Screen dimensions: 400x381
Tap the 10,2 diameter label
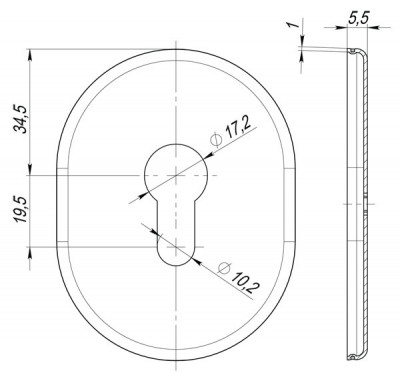tap(245, 282)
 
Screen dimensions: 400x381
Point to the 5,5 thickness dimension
tap(358, 18)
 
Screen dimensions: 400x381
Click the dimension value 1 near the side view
tap(292, 25)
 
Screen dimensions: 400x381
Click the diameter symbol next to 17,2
tap(215, 140)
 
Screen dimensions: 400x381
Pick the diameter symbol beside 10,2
tap(224, 267)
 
